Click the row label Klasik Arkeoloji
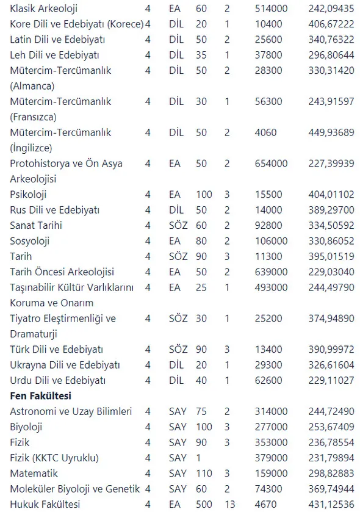click(44, 9)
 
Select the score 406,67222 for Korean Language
click(331, 24)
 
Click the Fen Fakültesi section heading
click(41, 396)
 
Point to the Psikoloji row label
click(28, 195)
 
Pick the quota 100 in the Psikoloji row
click(204, 195)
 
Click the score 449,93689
click(331, 132)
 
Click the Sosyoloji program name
click(30, 241)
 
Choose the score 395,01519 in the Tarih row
click(331, 256)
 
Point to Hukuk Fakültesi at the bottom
click(45, 504)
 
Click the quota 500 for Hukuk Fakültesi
click(204, 504)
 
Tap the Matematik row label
click(34, 473)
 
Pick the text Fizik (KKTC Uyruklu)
click(54, 458)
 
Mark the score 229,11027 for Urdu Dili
click(331, 380)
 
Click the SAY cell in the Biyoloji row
click(178, 427)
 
